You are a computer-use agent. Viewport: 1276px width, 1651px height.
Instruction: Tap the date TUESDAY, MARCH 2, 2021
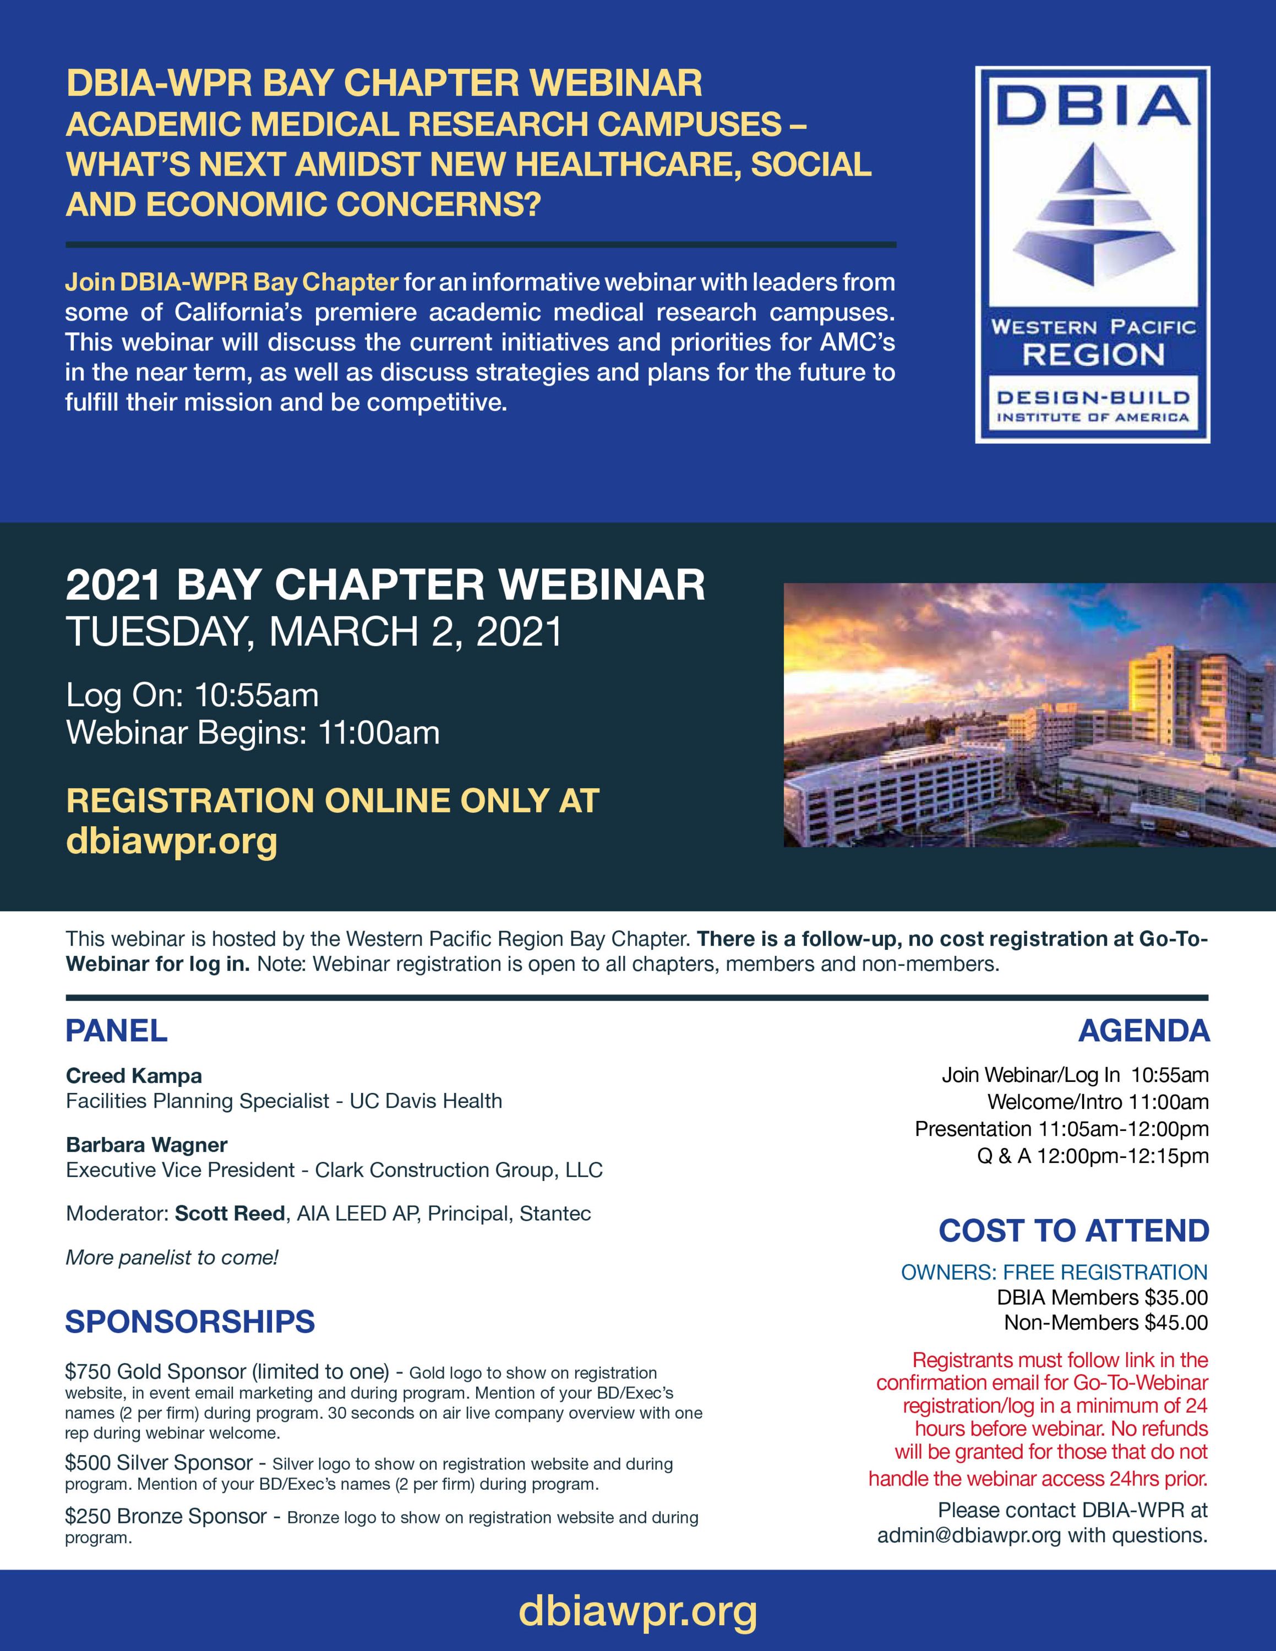coord(314,632)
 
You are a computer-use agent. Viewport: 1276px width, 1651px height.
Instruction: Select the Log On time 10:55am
coord(257,696)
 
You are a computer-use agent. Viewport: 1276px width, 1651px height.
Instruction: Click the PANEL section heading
coord(116,1031)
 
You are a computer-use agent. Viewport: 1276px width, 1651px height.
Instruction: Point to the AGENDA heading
coord(1144,1031)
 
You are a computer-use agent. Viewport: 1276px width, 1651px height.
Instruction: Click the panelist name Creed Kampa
coord(134,1076)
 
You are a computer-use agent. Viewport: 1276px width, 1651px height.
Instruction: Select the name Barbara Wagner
coord(146,1145)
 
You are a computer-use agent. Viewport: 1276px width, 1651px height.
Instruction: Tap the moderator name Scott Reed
coord(230,1213)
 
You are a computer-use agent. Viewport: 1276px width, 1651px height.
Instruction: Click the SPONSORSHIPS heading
coord(190,1321)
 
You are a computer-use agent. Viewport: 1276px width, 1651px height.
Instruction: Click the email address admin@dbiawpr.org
coord(968,1535)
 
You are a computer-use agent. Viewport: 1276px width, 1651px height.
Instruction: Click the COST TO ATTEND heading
coord(1073,1231)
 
